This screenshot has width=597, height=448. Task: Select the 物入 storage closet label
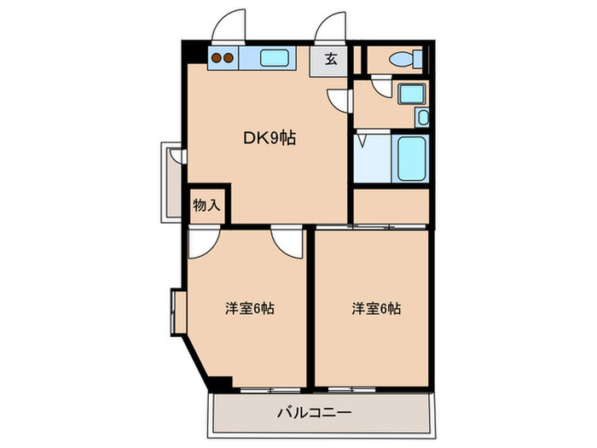[x=206, y=205]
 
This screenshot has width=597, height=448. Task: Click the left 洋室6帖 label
[x=249, y=308]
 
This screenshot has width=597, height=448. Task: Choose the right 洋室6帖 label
[x=375, y=308]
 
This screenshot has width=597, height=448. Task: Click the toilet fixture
[x=403, y=59]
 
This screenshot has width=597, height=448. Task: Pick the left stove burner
[x=217, y=59]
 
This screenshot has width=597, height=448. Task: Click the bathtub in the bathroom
[x=411, y=157]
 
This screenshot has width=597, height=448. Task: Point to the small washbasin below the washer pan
[x=422, y=117]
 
